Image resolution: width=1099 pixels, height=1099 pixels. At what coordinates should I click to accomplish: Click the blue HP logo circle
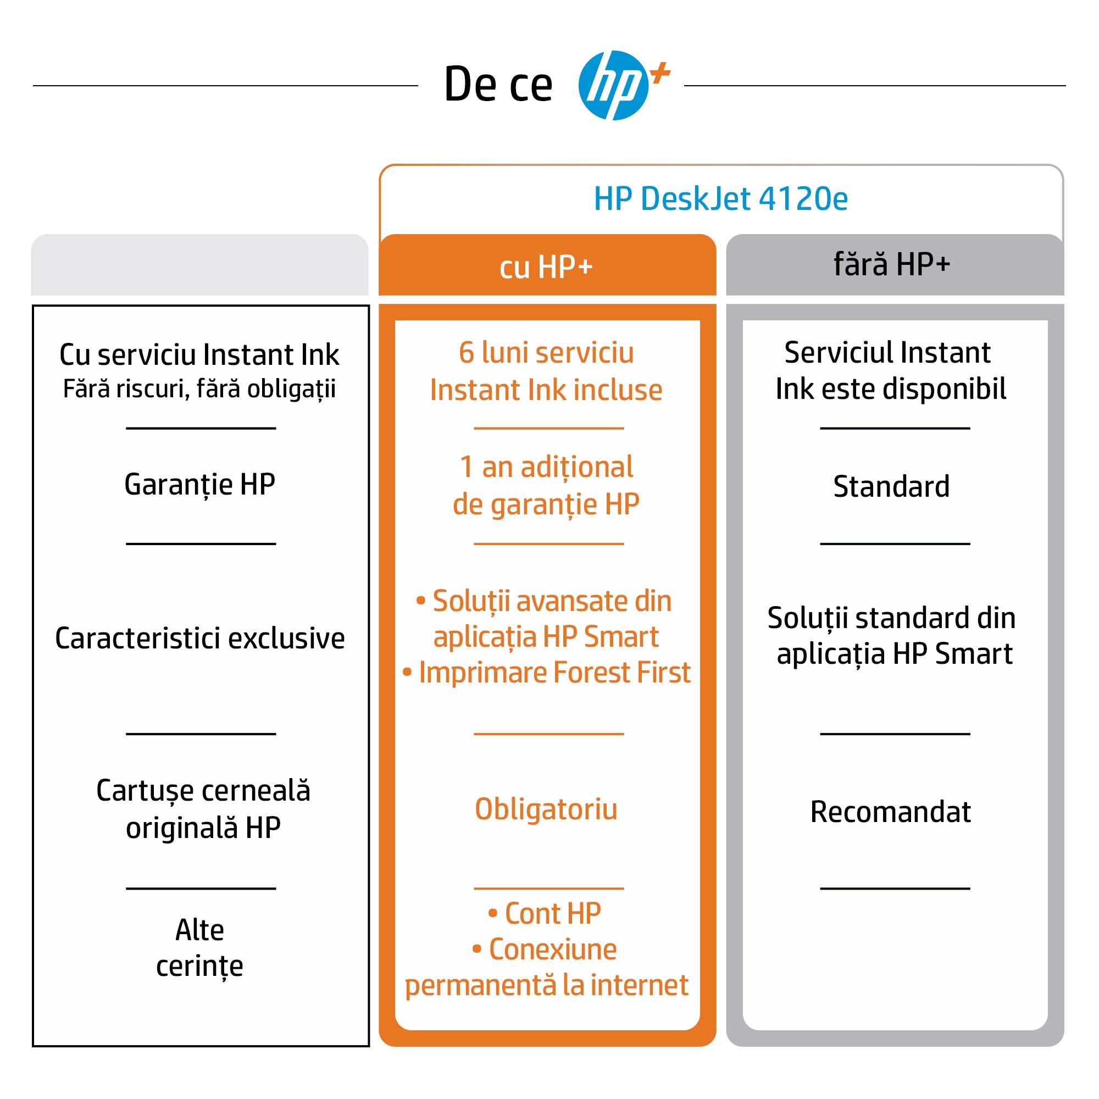[x=613, y=85]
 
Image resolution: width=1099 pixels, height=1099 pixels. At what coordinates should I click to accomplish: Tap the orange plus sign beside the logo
[x=660, y=73]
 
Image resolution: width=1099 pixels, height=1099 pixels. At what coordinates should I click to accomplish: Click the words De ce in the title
[x=498, y=85]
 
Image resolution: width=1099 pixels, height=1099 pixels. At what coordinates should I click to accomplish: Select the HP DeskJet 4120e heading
[x=721, y=198]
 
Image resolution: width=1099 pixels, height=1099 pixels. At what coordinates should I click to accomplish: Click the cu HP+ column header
[x=546, y=267]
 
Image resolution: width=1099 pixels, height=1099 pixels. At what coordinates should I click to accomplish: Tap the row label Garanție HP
[x=199, y=485]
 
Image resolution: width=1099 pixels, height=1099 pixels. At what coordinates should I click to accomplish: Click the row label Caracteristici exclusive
[x=199, y=637]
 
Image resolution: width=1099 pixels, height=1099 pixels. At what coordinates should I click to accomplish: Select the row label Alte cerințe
[x=199, y=948]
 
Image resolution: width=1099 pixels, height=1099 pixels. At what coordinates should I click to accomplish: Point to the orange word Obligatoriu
[x=546, y=810]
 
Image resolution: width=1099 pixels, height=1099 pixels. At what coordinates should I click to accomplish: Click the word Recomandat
[x=891, y=812]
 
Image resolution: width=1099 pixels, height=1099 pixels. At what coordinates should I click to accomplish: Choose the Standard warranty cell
[x=891, y=486]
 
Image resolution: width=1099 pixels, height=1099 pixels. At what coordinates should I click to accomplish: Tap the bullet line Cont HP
[x=545, y=914]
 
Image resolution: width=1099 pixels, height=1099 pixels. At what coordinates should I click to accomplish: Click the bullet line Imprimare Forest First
[x=547, y=673]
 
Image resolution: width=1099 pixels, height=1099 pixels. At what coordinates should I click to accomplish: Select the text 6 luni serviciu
[x=546, y=353]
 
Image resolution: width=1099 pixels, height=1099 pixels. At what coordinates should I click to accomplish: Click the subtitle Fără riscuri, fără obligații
[x=199, y=390]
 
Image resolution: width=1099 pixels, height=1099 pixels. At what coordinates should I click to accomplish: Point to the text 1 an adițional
[x=546, y=468]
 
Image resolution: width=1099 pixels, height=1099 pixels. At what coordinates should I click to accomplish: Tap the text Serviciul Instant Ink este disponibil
[x=891, y=371]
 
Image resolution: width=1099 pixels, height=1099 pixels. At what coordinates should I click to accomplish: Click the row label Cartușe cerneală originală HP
[x=203, y=809]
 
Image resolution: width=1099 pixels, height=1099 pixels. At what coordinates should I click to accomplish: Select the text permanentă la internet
[x=547, y=986]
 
